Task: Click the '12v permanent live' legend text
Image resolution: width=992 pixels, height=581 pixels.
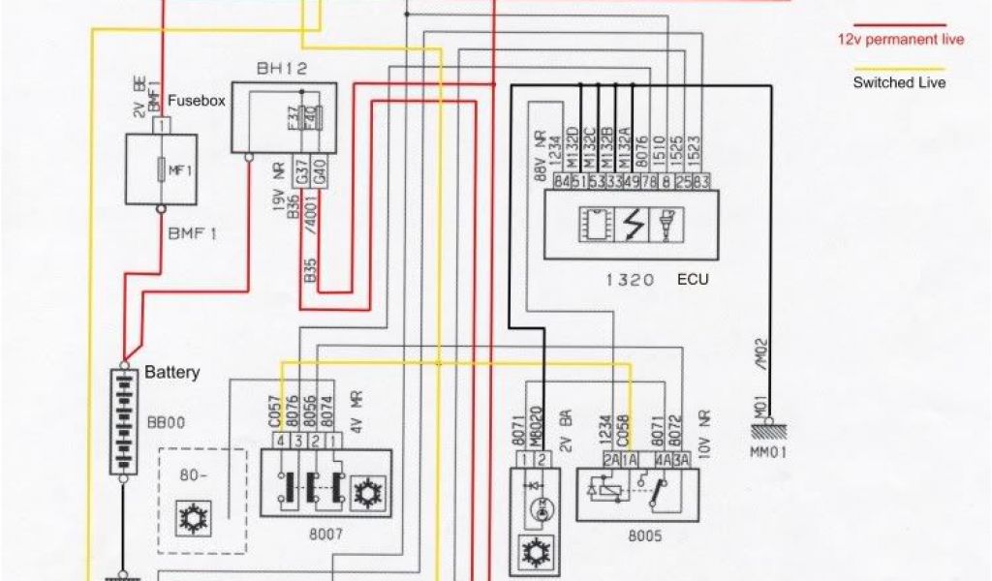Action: coord(900,40)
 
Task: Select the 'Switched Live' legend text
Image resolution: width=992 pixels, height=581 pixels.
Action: coord(899,83)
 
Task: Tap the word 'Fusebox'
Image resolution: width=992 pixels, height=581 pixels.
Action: coord(197,100)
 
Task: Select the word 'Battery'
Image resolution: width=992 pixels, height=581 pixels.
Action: coord(172,372)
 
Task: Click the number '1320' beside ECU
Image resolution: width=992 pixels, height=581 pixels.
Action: coord(632,279)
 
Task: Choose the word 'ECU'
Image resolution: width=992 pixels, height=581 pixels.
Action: coord(694,279)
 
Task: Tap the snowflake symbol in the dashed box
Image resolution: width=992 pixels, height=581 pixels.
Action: coord(189,519)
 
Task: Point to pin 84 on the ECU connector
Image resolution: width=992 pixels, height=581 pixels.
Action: coord(562,181)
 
